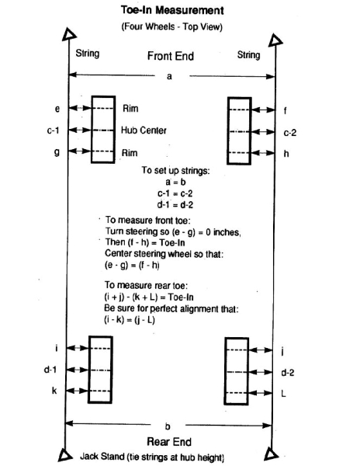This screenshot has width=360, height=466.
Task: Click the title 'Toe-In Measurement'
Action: pyautogui.click(x=172, y=10)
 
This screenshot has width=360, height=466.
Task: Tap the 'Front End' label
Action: pyautogui.click(x=171, y=56)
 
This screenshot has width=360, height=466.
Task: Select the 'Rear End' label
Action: pyautogui.click(x=169, y=442)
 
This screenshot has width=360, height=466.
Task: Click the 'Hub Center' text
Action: pyautogui.click(x=144, y=130)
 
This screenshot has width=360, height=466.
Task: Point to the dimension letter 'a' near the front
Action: pyautogui.click(x=169, y=77)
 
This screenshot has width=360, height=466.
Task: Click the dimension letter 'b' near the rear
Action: pyautogui.click(x=168, y=426)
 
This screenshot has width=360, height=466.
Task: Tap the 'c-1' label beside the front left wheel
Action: pyautogui.click(x=53, y=130)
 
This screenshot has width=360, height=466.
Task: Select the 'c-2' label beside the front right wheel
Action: pyautogui.click(x=290, y=133)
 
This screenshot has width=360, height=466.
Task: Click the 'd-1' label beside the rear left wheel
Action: pyautogui.click(x=50, y=370)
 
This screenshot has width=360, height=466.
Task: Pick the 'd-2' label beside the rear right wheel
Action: pyautogui.click(x=288, y=372)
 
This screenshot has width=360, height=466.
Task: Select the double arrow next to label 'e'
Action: pyautogui.click(x=80, y=108)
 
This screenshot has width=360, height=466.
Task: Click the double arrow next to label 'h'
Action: pyautogui.click(x=263, y=153)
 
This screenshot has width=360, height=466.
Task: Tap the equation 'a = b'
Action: pyautogui.click(x=175, y=182)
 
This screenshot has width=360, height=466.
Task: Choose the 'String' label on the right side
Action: pyautogui.click(x=249, y=55)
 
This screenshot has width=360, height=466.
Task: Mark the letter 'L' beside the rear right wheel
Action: pyautogui.click(x=283, y=394)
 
